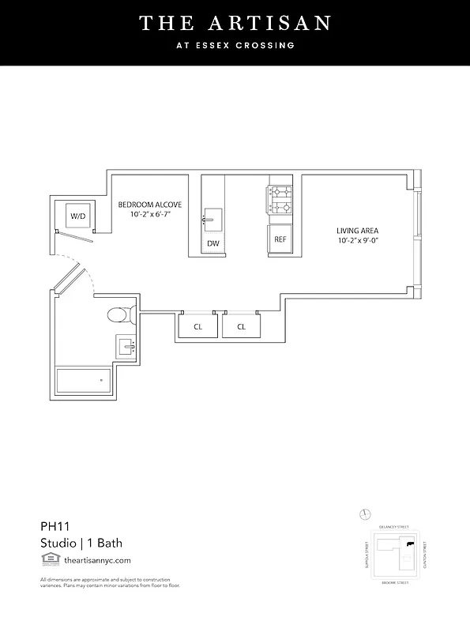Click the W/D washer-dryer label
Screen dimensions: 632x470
coord(78,216)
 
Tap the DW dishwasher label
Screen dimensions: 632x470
coord(213,243)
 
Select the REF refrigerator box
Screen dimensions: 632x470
coord(280,239)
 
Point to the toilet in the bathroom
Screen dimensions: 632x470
coord(117,317)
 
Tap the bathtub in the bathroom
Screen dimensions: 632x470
coord(83,381)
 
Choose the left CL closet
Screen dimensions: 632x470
coord(197,326)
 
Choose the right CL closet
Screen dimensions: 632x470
coord(241,326)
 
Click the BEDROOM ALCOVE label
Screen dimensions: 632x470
coord(150,205)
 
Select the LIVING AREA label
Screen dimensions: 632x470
coord(357,231)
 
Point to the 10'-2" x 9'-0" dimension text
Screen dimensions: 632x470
coord(357,240)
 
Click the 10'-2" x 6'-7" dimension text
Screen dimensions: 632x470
coord(150,214)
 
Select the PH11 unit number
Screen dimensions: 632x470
coord(55,525)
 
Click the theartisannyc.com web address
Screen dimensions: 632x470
coord(97,559)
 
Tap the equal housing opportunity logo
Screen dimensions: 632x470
coord(49,559)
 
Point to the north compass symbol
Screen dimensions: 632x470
coord(364,514)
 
